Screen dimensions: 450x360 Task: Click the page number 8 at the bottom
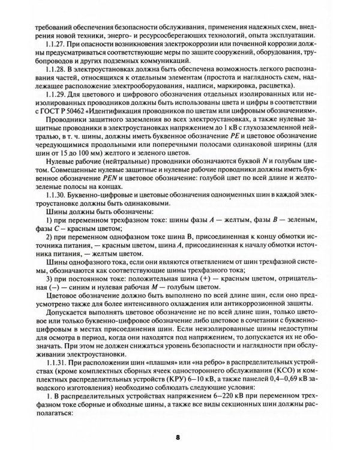pos(178,436)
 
